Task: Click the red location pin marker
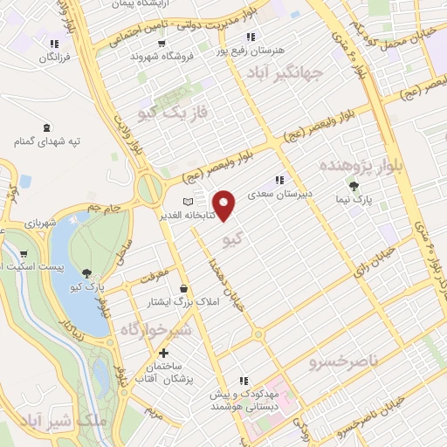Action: click(225, 204)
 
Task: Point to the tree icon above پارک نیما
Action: click(354, 186)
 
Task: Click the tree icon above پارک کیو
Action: click(86, 274)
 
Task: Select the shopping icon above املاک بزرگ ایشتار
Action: click(183, 288)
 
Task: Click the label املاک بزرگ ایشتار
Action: click(173, 302)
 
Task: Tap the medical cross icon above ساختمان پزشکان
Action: click(164, 353)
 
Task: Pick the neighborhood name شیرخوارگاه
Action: click(155, 328)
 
